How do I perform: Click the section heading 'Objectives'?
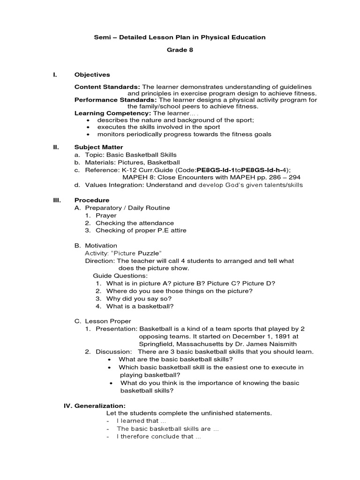point(92,75)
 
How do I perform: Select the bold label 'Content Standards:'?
point(107,87)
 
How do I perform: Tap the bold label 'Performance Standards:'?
point(116,100)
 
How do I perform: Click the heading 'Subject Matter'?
point(98,147)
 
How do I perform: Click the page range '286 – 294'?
point(283,177)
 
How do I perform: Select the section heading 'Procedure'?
point(92,200)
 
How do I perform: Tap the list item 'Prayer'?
point(106,216)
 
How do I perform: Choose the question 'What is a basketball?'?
point(140,306)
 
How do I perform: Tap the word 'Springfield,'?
point(158,344)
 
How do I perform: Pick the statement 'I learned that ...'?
point(138,421)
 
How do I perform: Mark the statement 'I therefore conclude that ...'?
point(158,436)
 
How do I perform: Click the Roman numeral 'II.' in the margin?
point(56,147)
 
